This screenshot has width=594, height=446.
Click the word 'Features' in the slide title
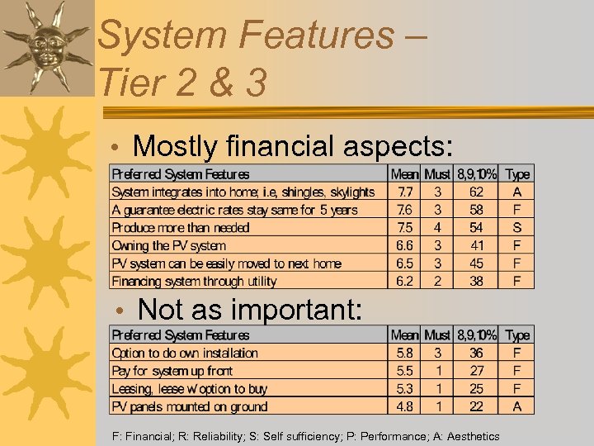(316, 36)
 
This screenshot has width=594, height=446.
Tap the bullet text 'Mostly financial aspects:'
(293, 146)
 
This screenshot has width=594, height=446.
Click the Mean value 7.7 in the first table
(404, 192)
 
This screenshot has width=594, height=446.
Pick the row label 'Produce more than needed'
(181, 228)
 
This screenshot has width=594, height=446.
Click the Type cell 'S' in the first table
(517, 228)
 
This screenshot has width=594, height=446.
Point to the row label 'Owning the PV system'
(169, 246)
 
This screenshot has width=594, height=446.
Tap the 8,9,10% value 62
(476, 192)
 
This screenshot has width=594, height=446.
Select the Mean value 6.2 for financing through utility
(404, 282)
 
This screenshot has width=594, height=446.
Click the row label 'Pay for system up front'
(172, 372)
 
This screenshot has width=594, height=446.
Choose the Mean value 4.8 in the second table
(404, 406)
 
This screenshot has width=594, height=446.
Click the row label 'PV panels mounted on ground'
(190, 406)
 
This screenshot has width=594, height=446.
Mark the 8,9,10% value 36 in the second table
(476, 353)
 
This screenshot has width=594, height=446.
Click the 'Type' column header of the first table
(517, 174)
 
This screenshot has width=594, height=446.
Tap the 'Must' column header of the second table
(436, 335)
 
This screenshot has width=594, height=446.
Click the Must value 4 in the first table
(436, 228)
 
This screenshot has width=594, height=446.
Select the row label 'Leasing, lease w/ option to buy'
(190, 389)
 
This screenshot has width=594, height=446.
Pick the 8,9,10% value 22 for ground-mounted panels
(476, 406)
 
